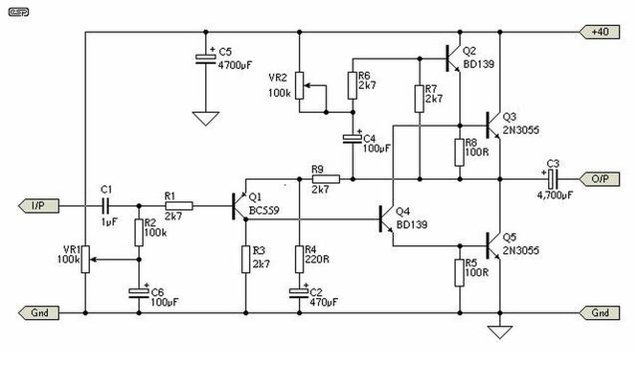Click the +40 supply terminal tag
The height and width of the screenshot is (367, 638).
599,31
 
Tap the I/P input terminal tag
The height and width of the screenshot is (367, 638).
39,206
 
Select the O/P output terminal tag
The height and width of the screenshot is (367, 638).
599,179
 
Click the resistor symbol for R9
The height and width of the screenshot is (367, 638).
326,179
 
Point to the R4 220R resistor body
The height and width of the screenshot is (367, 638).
299,259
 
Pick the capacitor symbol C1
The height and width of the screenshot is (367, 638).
105,206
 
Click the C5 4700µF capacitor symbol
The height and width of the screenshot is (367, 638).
206,59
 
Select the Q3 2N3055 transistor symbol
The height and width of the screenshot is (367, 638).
493,125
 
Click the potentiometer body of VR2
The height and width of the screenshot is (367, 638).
299,85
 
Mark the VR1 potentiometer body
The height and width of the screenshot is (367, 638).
85,259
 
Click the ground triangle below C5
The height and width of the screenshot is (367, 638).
206,119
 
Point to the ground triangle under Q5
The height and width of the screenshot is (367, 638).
500,332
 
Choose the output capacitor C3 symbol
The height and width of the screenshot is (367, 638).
553,179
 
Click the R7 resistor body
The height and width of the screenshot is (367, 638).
419,99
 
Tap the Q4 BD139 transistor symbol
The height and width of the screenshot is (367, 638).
386,219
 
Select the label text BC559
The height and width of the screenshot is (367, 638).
264,210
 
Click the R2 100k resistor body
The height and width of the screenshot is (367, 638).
139,232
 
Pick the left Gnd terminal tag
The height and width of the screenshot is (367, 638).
39,313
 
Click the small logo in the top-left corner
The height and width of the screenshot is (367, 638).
18,12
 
